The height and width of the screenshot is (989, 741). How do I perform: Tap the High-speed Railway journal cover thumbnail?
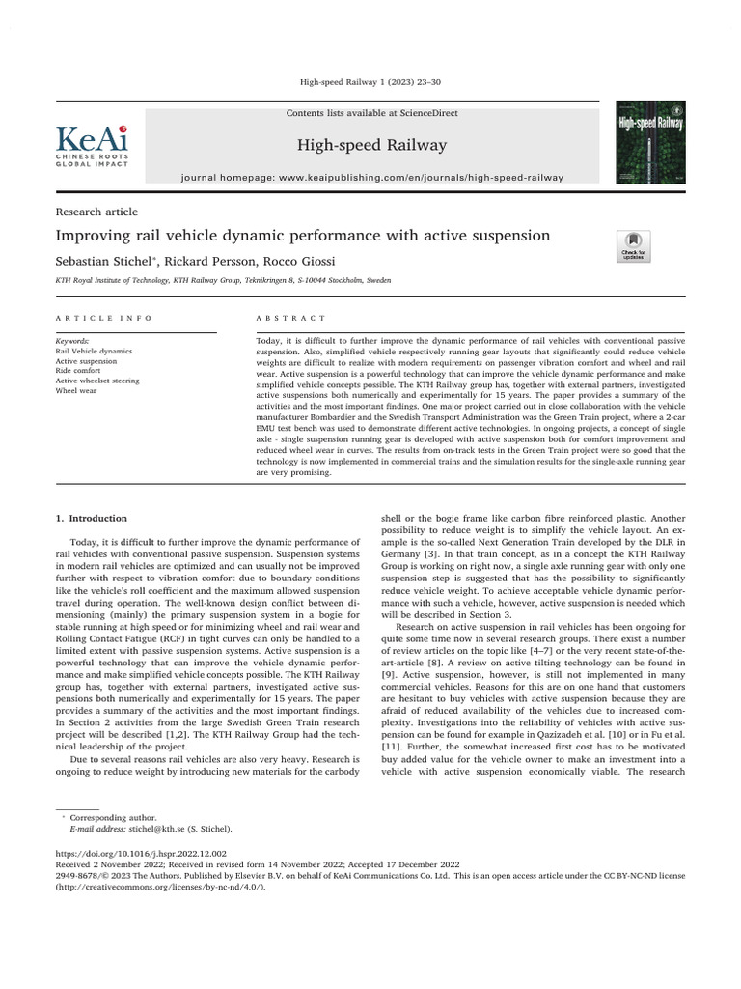tap(650, 144)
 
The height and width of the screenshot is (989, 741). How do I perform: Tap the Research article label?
tap(97, 212)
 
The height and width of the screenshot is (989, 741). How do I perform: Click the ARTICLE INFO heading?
tap(104, 318)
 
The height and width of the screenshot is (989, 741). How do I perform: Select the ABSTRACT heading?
tap(291, 318)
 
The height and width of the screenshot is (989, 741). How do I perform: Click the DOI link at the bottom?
tap(142, 853)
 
